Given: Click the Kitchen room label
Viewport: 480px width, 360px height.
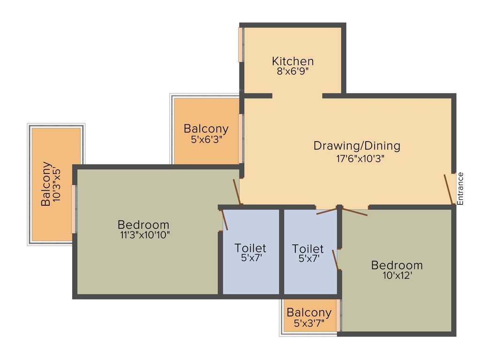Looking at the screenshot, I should tap(293, 61).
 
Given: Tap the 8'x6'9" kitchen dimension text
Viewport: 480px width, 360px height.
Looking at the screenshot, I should tap(293, 71).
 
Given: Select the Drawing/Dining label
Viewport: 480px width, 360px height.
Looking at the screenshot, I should tap(357, 146).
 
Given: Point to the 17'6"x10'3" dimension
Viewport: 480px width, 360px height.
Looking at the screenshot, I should tap(357, 158).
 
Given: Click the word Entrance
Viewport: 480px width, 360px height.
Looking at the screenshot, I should tap(460, 188).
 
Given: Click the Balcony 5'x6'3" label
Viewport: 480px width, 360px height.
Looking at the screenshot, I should tap(206, 128).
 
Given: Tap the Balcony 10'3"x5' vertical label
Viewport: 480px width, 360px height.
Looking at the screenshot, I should tap(46, 184).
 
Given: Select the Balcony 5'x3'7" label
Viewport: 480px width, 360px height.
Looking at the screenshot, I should tap(309, 313).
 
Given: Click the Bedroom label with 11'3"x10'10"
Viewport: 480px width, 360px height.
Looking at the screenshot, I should tap(143, 225).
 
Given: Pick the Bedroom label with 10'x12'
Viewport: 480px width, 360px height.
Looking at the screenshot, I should tap(397, 265).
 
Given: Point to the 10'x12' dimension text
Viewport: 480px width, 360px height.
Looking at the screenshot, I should tap(397, 276).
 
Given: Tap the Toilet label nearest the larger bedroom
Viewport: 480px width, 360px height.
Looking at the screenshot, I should tap(250, 247).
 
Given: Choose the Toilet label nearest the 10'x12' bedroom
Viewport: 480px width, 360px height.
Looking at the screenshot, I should tap(307, 248).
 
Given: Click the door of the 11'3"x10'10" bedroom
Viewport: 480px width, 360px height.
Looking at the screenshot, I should tap(238, 192).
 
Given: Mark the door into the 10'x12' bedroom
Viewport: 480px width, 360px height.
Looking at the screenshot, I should tap(354, 212).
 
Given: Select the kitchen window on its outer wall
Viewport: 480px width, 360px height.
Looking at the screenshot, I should tap(241, 45).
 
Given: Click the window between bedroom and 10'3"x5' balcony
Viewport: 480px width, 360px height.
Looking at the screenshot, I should tap(74, 209).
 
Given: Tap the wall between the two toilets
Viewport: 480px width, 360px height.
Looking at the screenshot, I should tap(282, 251).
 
